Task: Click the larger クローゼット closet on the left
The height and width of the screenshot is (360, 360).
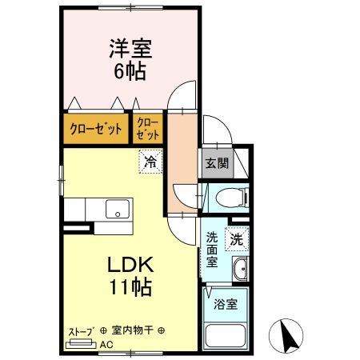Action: (x=95, y=128)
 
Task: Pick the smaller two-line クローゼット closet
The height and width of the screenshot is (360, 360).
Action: (x=148, y=128)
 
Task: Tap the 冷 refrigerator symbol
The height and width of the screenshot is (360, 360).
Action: (x=150, y=161)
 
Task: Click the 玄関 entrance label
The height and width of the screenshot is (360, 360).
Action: (x=217, y=163)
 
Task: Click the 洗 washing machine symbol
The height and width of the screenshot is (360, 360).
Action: (x=237, y=238)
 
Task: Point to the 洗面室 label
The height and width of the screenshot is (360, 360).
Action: (x=213, y=249)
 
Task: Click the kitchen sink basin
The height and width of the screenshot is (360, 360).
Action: (x=118, y=210)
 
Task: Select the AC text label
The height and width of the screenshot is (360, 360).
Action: (x=106, y=345)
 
